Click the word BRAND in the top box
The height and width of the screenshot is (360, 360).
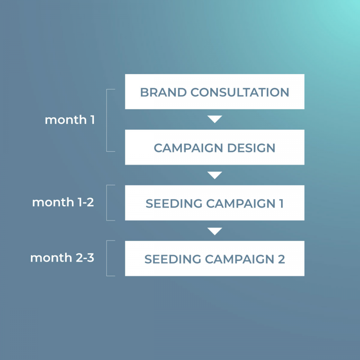pos(163,92)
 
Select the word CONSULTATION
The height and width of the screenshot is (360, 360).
pos(240,92)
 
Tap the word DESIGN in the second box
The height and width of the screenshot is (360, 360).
pos(251,148)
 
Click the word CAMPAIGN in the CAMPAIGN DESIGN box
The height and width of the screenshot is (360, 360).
pos(188,148)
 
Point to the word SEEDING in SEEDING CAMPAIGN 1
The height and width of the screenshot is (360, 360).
pos(174,203)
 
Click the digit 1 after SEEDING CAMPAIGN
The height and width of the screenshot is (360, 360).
pos(281,203)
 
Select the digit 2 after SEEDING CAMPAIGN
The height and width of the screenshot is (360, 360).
pos(282,259)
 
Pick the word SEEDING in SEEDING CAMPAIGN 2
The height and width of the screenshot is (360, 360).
pos(173,259)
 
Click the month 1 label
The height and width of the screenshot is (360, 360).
pos(70,120)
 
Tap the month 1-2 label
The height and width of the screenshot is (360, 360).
pos(63,202)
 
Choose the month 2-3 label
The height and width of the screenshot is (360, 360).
pos(62,258)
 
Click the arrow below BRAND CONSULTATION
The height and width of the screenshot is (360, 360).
pos(215,119)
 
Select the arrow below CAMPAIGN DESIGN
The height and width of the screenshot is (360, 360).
pos(215,175)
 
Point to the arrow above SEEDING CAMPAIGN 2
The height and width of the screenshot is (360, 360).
pos(215,231)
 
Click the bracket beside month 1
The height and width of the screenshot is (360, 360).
pos(107,120)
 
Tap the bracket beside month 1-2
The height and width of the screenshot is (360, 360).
pos(107,203)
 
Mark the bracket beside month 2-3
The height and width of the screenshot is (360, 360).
pos(107,258)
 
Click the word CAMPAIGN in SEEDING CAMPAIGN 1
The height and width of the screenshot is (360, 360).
pos(241,203)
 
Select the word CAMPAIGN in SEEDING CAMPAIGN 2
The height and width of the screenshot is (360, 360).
pos(239,259)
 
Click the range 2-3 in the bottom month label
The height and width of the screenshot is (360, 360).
pos(85,258)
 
